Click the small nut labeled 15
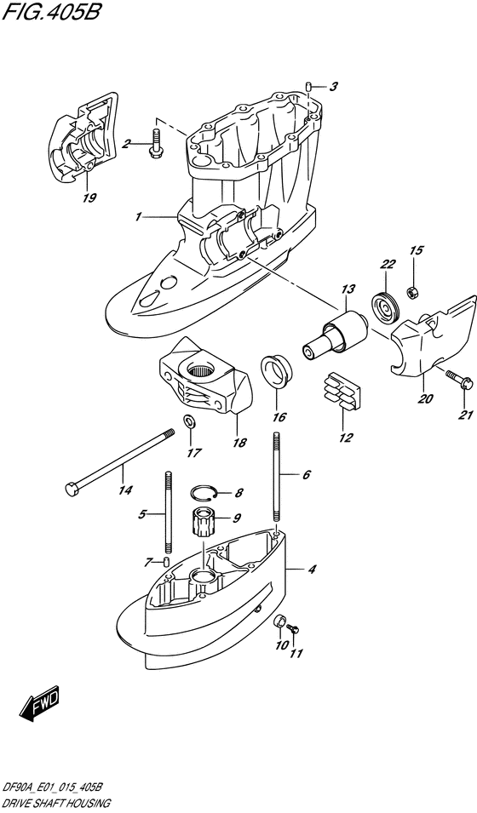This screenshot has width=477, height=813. click(x=412, y=294)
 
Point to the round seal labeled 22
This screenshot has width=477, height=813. click(x=385, y=308)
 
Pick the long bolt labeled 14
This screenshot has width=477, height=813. click(x=119, y=461)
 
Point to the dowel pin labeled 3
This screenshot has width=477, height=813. click(x=307, y=87)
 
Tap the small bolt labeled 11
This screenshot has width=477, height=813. click(x=293, y=628)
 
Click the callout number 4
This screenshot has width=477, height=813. click(x=312, y=570)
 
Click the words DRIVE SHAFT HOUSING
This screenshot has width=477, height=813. click(x=56, y=803)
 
